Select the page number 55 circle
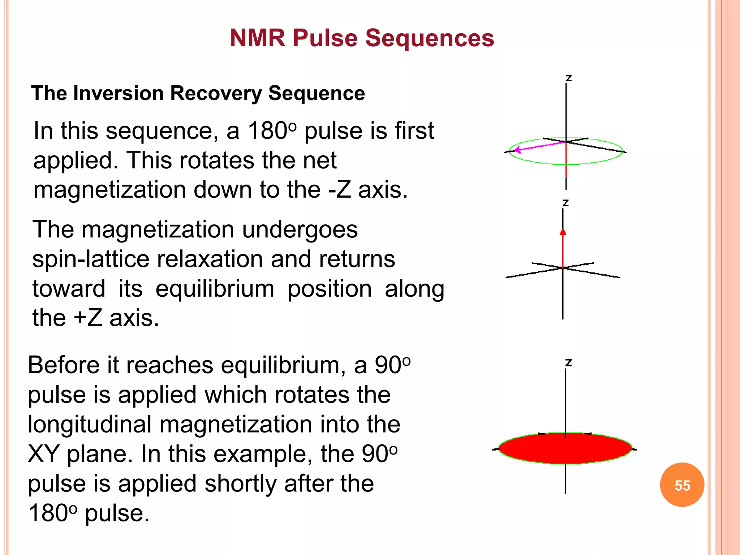coord(682,485)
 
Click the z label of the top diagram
coord(568,78)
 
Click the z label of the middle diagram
coord(565,203)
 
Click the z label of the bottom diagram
coord(568,362)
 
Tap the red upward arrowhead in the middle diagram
coord(563,232)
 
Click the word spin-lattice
coord(90,259)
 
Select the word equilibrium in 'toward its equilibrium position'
coord(215,289)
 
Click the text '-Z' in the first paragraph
coord(339,190)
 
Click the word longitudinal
coord(89,424)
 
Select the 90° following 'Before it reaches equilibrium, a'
coord(392,365)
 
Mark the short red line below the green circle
coord(566,170)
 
